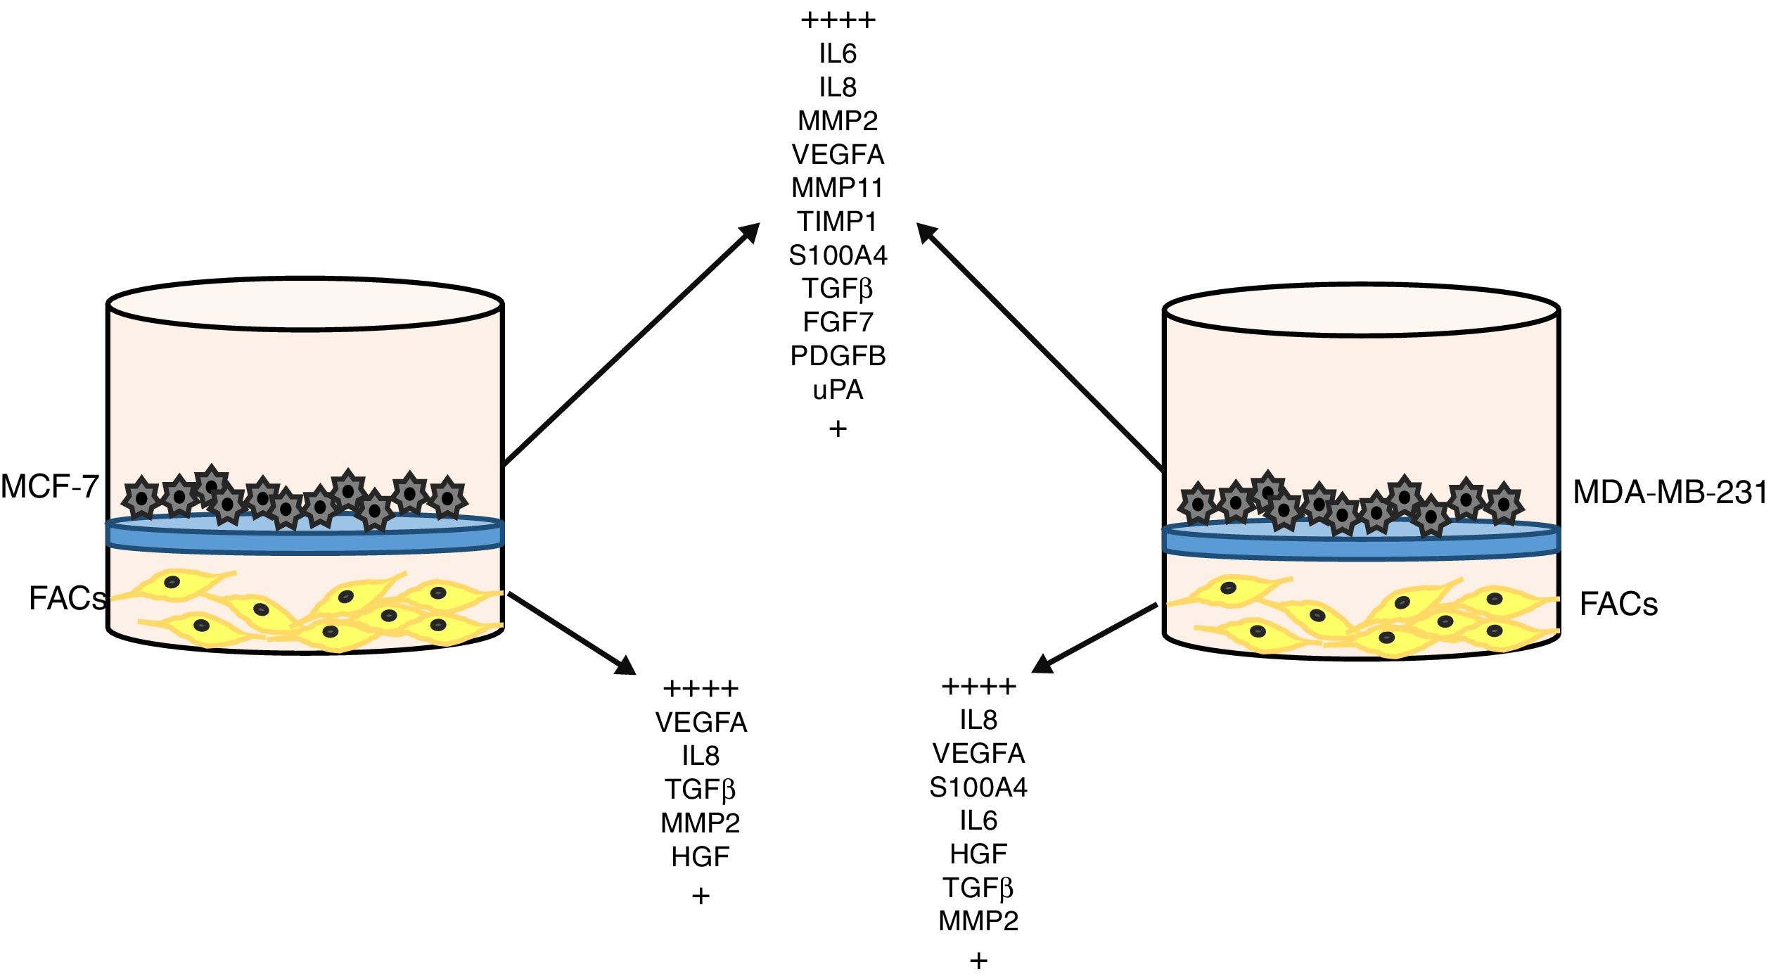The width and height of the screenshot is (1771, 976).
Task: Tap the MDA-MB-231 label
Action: click(1670, 493)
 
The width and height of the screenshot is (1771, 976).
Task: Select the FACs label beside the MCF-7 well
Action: click(67, 599)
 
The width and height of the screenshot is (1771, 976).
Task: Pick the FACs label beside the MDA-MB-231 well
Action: click(1618, 604)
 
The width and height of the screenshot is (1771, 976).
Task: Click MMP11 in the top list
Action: click(837, 189)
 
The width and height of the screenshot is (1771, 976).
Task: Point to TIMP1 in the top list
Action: click(837, 222)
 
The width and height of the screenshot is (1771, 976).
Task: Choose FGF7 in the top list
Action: click(838, 323)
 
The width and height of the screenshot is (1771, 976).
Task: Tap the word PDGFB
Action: click(838, 357)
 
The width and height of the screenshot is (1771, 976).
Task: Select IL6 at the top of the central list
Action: click(838, 54)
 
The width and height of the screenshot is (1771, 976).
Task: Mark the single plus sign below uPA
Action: click(838, 429)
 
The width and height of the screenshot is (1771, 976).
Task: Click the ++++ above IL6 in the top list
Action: click(838, 20)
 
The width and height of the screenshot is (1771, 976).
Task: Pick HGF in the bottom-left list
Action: click(701, 857)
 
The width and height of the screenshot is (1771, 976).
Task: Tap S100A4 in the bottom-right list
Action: click(978, 787)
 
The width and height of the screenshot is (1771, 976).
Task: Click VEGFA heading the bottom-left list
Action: click(701, 723)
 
